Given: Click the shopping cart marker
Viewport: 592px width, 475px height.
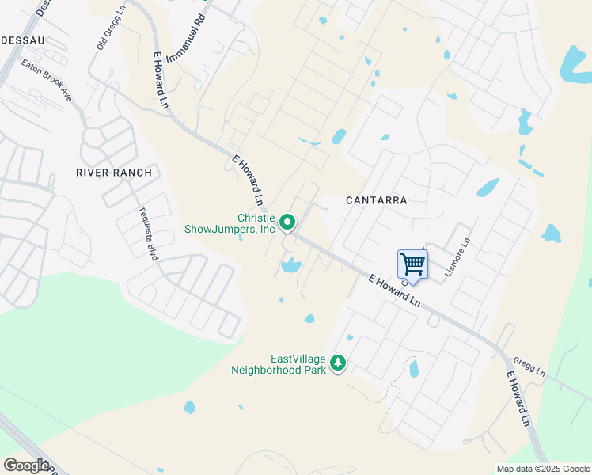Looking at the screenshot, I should [x=412, y=263].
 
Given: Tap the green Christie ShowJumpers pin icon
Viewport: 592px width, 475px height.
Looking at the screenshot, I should [x=288, y=222].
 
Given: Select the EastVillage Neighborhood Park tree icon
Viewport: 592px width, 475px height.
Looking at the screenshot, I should [x=339, y=363].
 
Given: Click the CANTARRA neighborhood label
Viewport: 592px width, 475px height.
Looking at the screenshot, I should [x=377, y=200].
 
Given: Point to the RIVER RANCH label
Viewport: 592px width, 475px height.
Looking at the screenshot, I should [x=113, y=172].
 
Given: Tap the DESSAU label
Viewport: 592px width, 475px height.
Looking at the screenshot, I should [x=22, y=39].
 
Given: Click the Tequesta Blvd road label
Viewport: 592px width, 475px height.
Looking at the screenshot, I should [x=149, y=234].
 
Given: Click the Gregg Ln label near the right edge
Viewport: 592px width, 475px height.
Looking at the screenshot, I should [x=529, y=367].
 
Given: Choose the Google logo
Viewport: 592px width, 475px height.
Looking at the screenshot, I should [x=26, y=465].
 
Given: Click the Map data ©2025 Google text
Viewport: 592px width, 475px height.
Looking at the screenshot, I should [x=542, y=469].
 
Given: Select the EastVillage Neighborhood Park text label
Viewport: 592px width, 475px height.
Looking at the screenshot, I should [x=278, y=363].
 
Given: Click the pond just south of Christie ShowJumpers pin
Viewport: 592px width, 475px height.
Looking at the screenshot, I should [x=290, y=265].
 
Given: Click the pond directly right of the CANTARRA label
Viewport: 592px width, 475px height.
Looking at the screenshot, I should [x=488, y=188].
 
